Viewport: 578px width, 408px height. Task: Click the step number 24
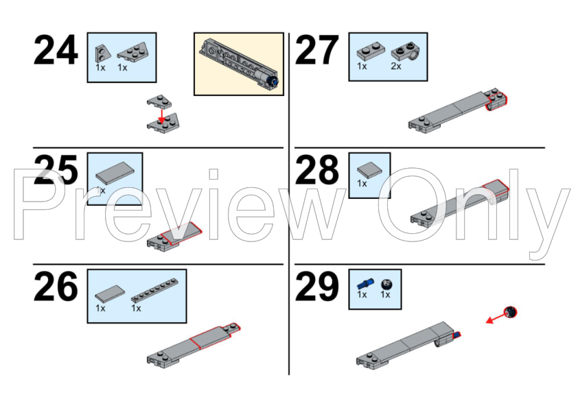click(x=56, y=51)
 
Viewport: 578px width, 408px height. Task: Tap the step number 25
click(x=56, y=169)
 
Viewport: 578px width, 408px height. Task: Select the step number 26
click(x=56, y=287)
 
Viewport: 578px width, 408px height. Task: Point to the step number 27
click(x=316, y=51)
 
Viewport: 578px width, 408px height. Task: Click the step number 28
click(x=316, y=169)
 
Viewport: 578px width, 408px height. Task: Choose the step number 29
click(x=316, y=287)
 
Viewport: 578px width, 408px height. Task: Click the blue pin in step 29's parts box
click(x=365, y=283)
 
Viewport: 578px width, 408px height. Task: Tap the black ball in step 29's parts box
click(x=386, y=285)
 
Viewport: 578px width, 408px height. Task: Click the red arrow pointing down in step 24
click(x=161, y=115)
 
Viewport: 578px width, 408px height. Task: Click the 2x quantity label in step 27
click(x=396, y=67)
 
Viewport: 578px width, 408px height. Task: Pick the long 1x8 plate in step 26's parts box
click(x=155, y=290)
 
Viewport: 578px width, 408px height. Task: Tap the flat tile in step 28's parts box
click(x=369, y=171)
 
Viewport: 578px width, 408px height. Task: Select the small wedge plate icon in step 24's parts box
click(x=102, y=53)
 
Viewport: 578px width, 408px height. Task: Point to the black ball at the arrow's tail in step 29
click(x=511, y=312)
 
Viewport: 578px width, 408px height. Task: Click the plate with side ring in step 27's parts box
click(x=406, y=51)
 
